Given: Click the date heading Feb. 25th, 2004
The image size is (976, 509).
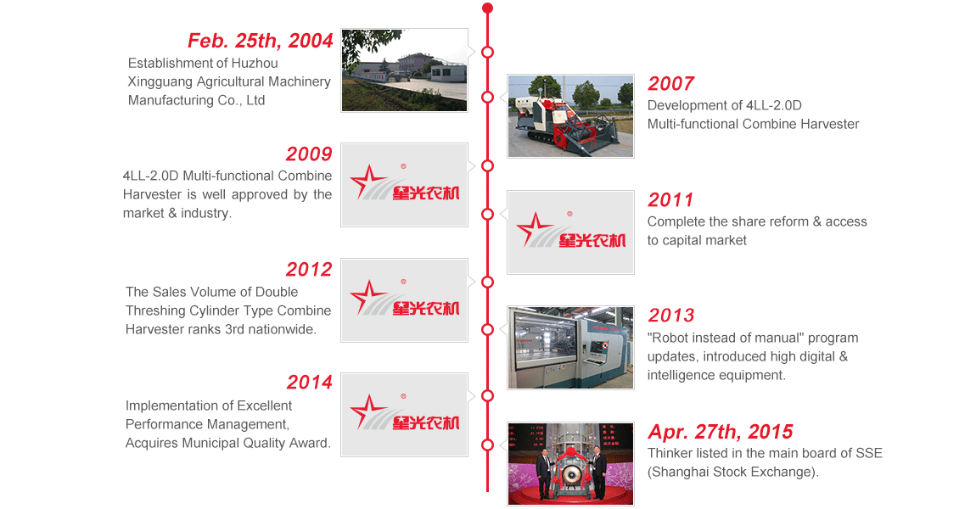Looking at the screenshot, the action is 261,41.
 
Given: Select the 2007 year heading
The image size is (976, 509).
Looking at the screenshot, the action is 670,83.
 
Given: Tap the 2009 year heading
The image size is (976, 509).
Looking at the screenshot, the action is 309,154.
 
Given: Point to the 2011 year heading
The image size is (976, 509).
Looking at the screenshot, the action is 670,199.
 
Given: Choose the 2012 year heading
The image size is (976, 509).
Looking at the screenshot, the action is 309,270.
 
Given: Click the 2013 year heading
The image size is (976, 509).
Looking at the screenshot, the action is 670,316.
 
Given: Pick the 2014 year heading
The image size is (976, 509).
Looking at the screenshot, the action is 310,382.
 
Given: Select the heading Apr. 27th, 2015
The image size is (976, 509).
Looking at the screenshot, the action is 721,432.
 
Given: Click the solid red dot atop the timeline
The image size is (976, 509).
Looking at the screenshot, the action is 487,8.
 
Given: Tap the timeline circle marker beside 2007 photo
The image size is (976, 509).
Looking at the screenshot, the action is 487,97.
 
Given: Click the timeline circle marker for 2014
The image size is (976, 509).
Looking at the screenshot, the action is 487,396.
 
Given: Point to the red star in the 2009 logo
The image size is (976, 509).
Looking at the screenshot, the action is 367,181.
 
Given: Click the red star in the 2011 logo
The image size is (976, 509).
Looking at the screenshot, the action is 534,227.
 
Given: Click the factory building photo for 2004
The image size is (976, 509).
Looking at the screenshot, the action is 405,70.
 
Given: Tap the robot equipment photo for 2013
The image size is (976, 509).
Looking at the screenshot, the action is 571,348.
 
